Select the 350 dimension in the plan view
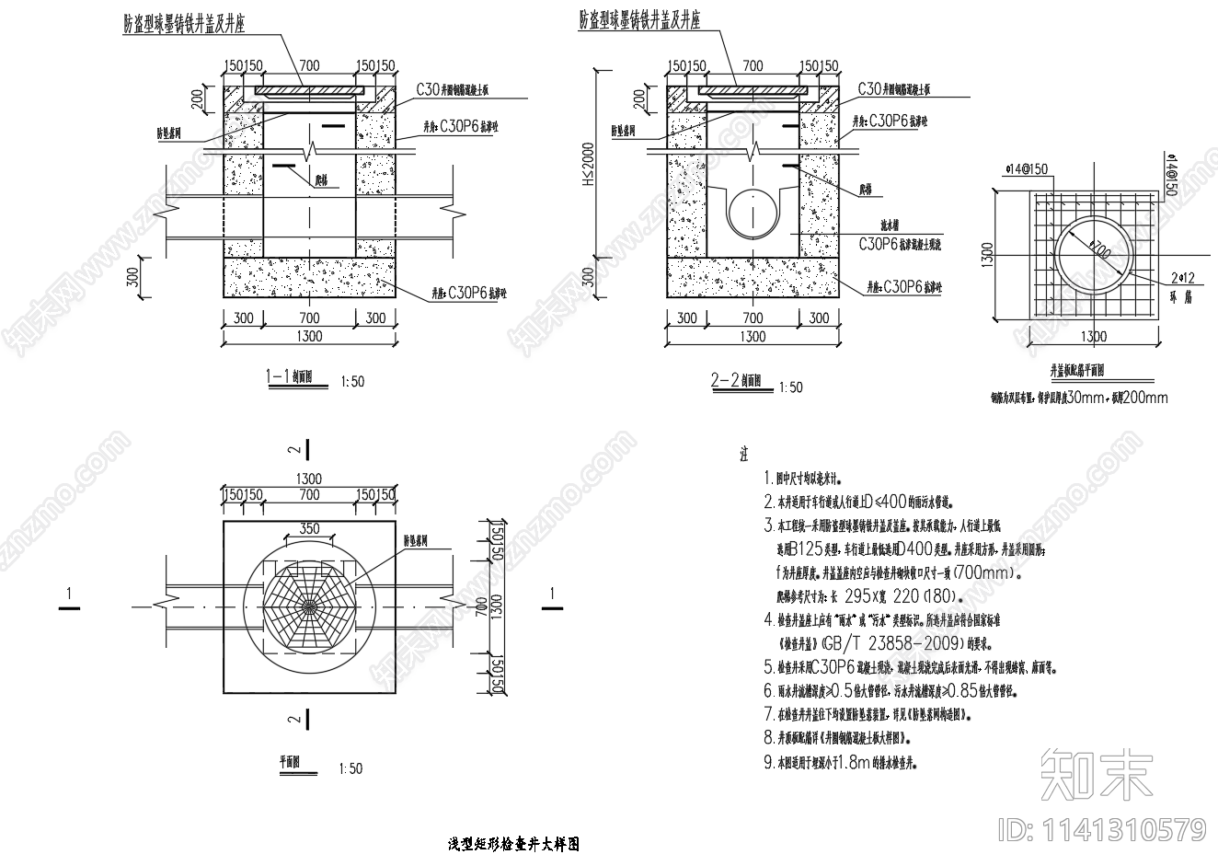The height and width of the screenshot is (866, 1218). pyautogui.click(x=310, y=528)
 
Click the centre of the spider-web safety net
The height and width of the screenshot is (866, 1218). pyautogui.click(x=309, y=606)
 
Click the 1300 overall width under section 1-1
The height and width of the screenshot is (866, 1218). pyautogui.click(x=309, y=337)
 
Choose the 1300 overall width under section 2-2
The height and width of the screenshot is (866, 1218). pyautogui.click(x=753, y=337)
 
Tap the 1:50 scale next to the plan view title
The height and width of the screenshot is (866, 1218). pyautogui.click(x=350, y=768)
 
